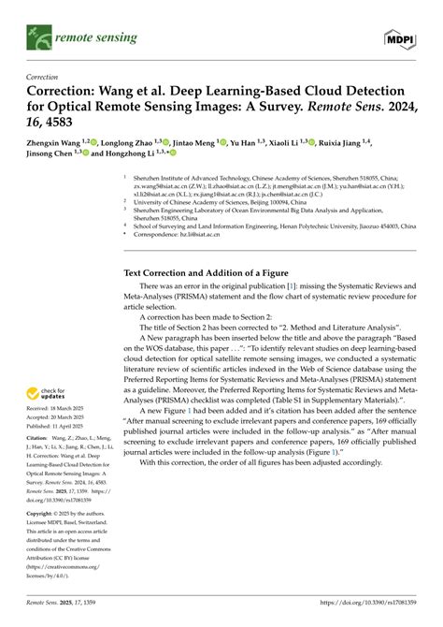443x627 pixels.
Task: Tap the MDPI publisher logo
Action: coord(400,36)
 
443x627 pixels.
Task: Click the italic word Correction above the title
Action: coord(44,78)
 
